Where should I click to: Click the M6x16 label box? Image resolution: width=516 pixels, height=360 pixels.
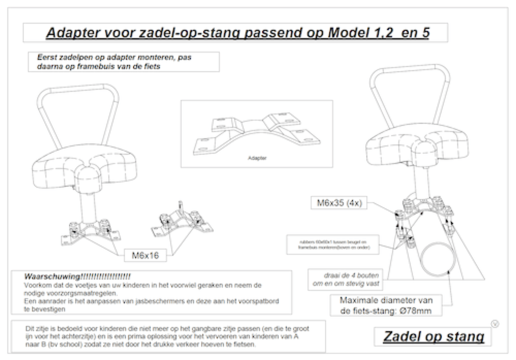(x=145, y=255)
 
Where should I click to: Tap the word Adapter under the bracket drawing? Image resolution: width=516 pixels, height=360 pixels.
(x=256, y=158)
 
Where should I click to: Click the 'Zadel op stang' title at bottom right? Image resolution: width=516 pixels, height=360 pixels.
(x=433, y=336)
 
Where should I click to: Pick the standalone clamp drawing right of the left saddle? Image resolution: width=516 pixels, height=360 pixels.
(x=181, y=223)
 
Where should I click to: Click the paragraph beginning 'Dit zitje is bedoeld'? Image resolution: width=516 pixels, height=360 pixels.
(x=166, y=336)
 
